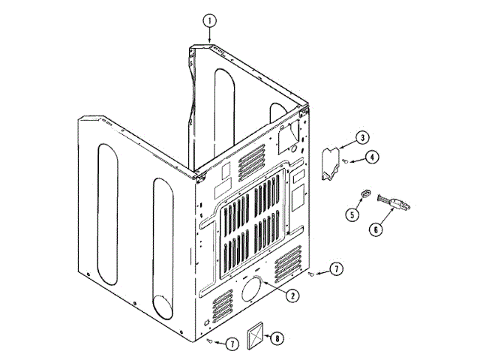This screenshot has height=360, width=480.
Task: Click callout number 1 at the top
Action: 210,20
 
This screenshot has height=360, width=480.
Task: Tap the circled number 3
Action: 361,138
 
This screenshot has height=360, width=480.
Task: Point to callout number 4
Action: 372,157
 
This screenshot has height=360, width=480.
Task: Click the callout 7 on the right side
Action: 336,268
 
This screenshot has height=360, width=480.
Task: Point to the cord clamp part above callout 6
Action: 393,202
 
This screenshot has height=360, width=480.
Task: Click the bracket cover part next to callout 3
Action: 329,163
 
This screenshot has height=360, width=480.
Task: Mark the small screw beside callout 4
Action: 344,161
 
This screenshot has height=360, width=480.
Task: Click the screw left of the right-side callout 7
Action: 310,274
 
